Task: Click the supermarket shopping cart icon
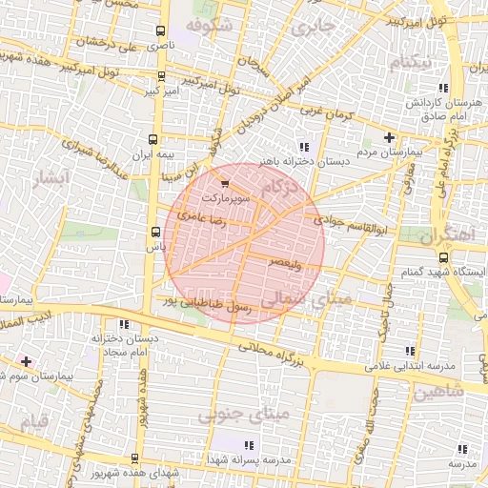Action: coord(224,184)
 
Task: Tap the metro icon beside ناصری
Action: coord(159,31)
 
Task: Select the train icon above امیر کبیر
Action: coord(159,76)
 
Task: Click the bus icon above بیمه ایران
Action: coord(159,138)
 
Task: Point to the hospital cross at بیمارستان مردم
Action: coord(389,137)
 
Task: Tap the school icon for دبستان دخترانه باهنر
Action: coord(303,146)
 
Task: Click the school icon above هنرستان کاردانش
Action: coord(422,85)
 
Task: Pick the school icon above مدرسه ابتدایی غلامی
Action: coord(410,351)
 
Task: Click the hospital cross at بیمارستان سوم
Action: coord(26,361)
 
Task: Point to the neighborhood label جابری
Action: coord(314,26)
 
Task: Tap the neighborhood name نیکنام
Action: coord(410,63)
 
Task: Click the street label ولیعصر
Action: coord(286,260)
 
